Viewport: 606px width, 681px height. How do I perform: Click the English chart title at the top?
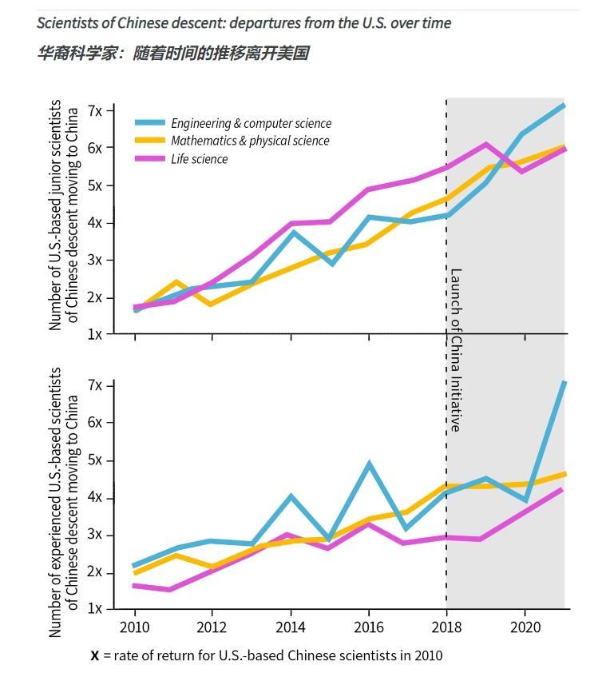[244, 22]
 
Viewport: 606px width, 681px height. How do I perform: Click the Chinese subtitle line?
[172, 54]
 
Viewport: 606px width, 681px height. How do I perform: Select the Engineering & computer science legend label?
[251, 123]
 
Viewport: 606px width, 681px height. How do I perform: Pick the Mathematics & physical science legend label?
[250, 141]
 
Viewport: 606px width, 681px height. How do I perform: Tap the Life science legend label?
[199, 159]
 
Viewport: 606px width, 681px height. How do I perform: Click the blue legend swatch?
[150, 123]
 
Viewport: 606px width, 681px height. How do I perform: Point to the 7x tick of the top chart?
[95, 110]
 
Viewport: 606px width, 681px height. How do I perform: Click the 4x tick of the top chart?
[95, 223]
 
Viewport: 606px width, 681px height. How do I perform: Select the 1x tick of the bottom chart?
[95, 609]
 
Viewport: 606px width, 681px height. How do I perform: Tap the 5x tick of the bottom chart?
[95, 460]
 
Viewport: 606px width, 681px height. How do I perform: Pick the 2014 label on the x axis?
[291, 626]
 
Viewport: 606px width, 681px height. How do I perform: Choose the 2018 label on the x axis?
[446, 626]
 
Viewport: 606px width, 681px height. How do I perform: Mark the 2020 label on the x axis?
[525, 626]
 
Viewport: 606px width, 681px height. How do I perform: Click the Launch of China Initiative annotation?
[456, 349]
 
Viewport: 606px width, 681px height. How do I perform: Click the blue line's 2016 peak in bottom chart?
[369, 463]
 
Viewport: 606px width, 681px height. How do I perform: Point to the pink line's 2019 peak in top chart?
[485, 145]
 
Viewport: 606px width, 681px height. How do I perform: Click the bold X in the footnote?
[95, 655]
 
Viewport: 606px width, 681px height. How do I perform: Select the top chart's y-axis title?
[63, 215]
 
